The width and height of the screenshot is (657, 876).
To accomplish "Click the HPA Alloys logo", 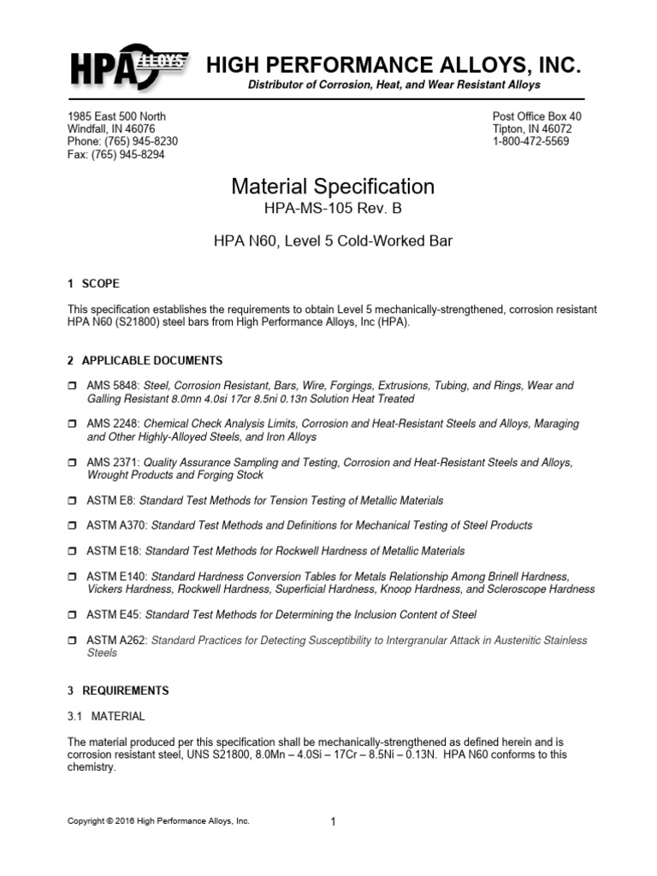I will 128,66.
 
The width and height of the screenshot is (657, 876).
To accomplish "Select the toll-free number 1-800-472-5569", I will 531,141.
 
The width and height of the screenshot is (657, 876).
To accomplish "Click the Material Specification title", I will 333,186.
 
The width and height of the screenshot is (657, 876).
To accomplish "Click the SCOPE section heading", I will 101,283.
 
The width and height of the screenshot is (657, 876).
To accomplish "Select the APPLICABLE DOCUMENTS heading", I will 152,360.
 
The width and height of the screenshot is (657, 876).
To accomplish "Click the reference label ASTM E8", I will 111,500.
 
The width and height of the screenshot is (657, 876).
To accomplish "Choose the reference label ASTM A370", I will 117,525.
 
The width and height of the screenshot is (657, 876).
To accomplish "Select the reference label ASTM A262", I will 117,640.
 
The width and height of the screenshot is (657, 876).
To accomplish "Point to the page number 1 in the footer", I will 333,822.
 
